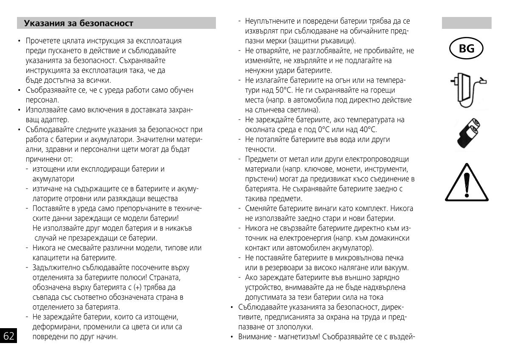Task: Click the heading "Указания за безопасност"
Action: [78, 23]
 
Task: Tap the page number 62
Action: [9, 337]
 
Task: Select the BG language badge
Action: [467, 49]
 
